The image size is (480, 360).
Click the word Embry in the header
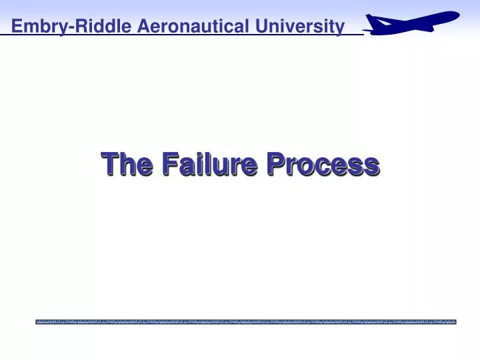34,27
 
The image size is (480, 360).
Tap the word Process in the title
323,164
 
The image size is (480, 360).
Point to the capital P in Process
276,163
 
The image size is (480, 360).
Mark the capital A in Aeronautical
144,27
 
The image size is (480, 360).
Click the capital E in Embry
16,27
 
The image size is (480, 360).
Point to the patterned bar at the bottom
246,322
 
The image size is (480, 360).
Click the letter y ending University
340,29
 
